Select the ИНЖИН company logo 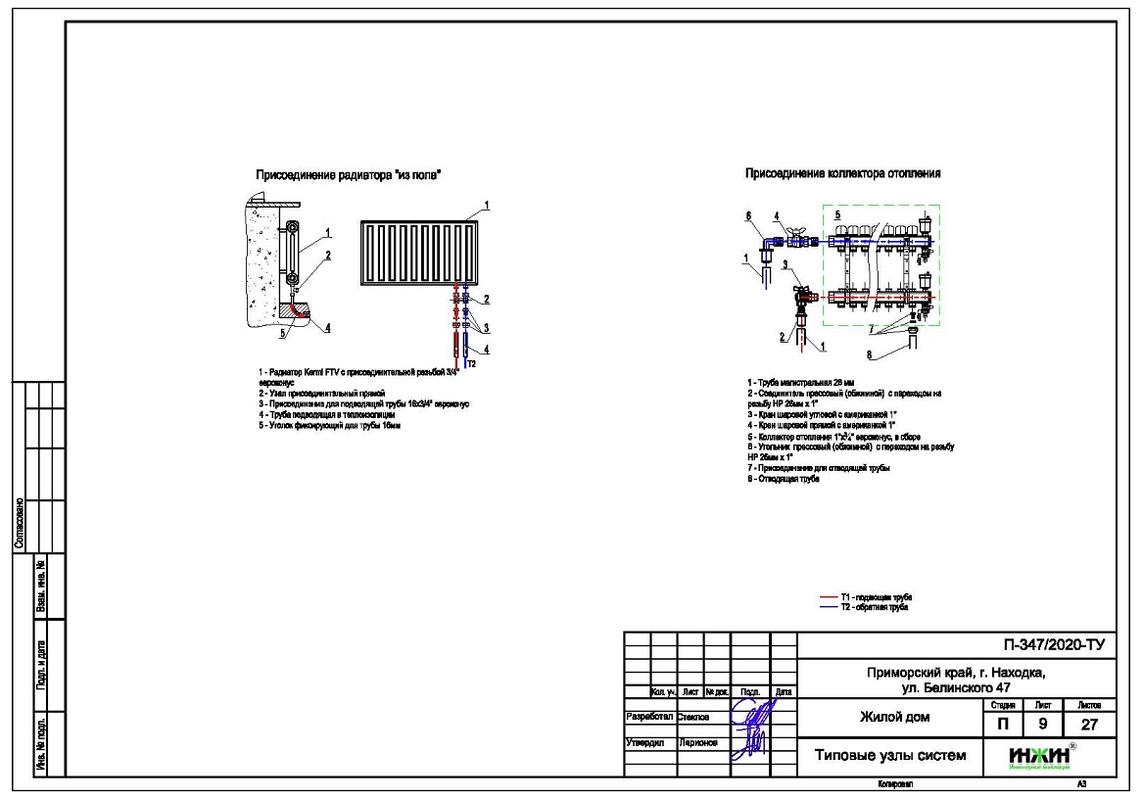(x=1040, y=756)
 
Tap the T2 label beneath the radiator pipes (x=470, y=363)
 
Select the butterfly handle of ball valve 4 (x=793, y=228)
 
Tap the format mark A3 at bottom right (x=1081, y=785)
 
